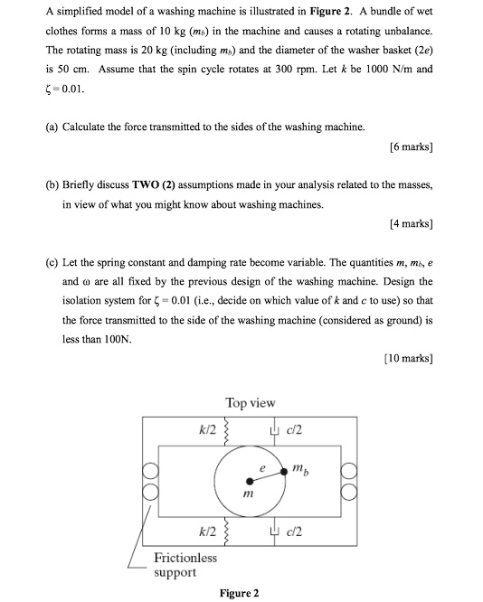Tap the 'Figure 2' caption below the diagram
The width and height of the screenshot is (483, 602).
pos(240,593)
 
